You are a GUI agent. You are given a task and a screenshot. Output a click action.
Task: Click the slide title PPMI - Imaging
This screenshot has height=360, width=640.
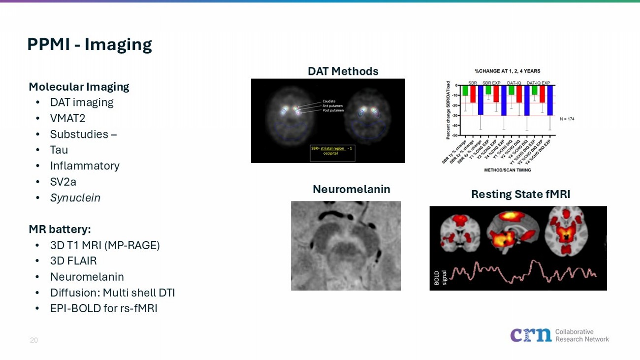(x=89, y=44)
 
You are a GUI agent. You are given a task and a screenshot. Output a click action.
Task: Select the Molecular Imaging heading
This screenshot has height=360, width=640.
(x=79, y=87)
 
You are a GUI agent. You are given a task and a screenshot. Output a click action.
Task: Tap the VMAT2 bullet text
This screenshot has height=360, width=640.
(x=67, y=118)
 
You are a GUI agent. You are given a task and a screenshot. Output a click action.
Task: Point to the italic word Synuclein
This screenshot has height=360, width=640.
(x=75, y=197)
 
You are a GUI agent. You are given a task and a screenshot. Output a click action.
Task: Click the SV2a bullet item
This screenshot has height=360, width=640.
(x=63, y=182)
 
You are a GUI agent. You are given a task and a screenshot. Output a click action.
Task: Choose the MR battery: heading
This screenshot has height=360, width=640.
(x=60, y=229)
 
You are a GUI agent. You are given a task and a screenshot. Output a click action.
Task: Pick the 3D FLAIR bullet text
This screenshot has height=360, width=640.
(x=73, y=261)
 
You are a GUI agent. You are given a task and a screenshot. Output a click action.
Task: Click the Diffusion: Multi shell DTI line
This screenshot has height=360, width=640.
(x=112, y=293)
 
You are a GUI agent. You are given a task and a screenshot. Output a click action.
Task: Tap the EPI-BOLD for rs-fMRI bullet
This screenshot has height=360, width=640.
(x=103, y=308)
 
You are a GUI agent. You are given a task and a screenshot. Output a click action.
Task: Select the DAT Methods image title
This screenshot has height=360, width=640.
(x=343, y=71)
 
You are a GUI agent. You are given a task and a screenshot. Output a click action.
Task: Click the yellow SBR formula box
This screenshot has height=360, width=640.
(x=332, y=153)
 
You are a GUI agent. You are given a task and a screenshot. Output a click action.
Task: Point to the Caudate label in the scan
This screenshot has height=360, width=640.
(x=329, y=101)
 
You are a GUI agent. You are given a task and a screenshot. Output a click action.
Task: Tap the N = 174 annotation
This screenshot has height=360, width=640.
(x=567, y=119)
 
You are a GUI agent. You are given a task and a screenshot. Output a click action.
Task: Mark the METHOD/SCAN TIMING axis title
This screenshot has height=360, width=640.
(x=507, y=170)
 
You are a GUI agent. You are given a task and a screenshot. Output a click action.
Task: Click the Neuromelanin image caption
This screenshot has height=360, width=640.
(x=351, y=189)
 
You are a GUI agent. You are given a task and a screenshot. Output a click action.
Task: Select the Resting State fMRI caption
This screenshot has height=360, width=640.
(x=520, y=194)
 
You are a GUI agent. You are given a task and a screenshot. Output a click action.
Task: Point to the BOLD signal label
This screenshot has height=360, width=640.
(x=440, y=277)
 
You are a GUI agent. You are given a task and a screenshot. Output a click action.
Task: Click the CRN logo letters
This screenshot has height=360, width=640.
(x=531, y=335)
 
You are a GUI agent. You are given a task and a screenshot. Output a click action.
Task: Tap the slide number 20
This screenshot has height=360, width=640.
(x=34, y=340)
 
